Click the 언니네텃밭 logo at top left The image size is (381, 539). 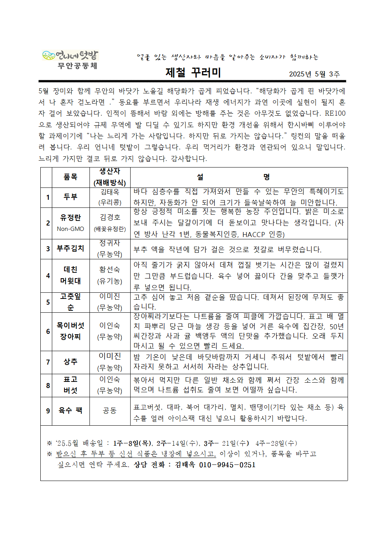(x=70, y=56)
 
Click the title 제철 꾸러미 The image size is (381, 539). (x=193, y=73)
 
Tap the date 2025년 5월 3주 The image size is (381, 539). (x=314, y=74)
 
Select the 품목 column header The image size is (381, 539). (x=70, y=177)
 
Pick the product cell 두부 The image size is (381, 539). (x=70, y=197)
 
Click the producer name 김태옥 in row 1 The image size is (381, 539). (x=110, y=192)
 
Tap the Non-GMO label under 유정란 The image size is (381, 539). (x=70, y=229)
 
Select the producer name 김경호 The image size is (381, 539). (x=110, y=217)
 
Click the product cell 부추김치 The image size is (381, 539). (x=70, y=249)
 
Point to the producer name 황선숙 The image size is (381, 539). (x=110, y=270)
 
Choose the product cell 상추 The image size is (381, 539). (x=70, y=362)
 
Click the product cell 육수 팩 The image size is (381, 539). (x=70, y=411)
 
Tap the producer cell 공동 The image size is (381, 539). (x=110, y=411)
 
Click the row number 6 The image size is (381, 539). (x=48, y=332)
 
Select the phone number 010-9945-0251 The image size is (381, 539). (x=227, y=465)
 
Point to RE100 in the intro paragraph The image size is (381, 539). (x=335, y=113)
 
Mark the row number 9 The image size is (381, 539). (x=48, y=411)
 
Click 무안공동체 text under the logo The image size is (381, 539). (x=77, y=66)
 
